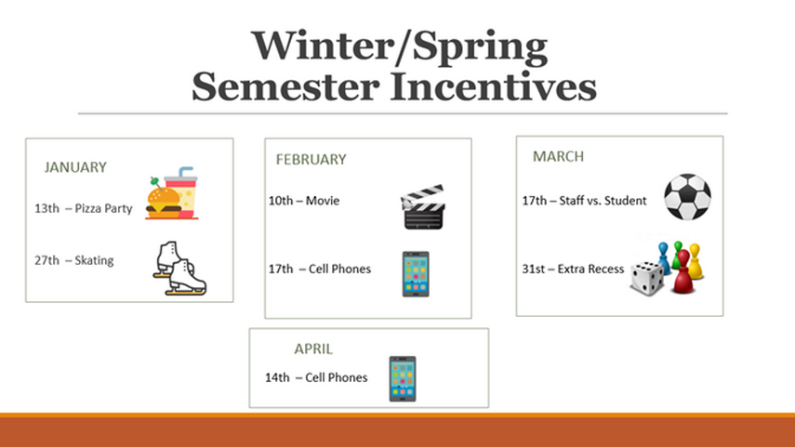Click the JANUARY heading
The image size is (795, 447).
[x=75, y=167]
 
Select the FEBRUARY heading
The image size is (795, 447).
[x=311, y=160]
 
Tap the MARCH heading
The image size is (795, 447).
[x=558, y=157]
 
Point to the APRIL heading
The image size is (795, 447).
[x=313, y=349]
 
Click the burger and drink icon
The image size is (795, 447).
[x=172, y=193]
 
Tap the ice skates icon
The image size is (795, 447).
[x=179, y=268]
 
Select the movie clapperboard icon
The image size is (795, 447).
[x=423, y=207]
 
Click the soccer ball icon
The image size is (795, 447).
[x=687, y=197]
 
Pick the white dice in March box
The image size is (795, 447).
[x=647, y=278]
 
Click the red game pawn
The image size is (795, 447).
[x=682, y=272]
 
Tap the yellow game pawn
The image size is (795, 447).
[x=696, y=261]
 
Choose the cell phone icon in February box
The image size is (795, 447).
[x=416, y=274]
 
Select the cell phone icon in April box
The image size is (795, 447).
[x=403, y=379]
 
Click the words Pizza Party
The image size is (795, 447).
[x=103, y=209]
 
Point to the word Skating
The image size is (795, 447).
[x=94, y=260]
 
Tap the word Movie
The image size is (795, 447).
[x=323, y=201]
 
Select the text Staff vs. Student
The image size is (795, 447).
[x=603, y=201]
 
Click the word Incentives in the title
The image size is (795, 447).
[x=494, y=86]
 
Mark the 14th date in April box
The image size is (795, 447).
[x=277, y=377]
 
